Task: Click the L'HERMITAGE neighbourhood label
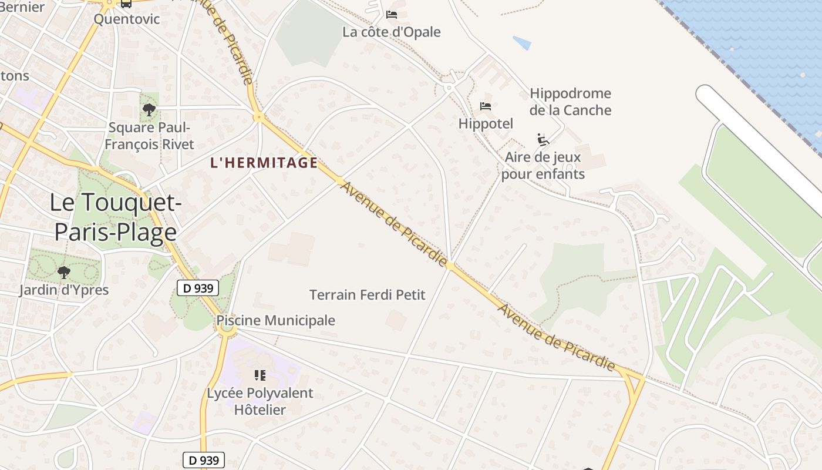point(264,163)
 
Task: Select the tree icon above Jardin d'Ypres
point(64,272)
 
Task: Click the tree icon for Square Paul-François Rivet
point(149,109)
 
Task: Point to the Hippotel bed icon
point(486,106)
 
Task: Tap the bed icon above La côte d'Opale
point(392,14)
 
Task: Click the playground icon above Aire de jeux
point(543,140)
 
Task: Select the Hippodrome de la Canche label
point(570,102)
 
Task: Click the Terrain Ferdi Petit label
point(367,294)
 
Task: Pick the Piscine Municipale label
point(275,320)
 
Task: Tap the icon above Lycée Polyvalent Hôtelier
point(260,375)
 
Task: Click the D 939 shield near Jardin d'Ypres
point(198,288)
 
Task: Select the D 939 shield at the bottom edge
point(204,460)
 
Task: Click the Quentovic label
point(127,19)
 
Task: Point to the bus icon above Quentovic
point(126,3)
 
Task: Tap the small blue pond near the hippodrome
point(522,43)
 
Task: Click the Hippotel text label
point(486,123)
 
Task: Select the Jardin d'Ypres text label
point(63,290)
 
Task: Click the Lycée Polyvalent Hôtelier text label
point(260,401)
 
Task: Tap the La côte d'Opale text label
point(392,32)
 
